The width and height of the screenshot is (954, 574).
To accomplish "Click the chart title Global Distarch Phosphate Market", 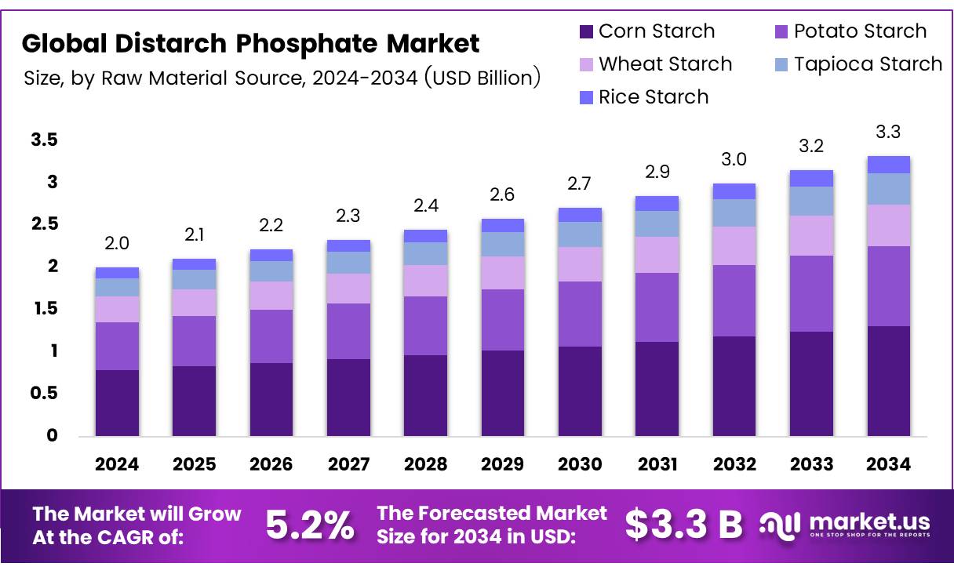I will (250, 43).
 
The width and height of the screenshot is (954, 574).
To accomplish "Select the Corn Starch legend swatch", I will (586, 32).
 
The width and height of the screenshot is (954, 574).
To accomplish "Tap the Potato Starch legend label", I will (860, 31).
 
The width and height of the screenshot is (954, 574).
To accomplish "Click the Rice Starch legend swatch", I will (586, 98).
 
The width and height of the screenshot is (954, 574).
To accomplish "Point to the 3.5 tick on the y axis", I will (44, 140).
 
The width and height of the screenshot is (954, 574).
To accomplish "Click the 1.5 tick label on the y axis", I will (44, 309).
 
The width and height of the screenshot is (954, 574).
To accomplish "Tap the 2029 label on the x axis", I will (503, 464).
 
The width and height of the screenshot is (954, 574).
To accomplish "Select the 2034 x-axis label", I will (889, 464).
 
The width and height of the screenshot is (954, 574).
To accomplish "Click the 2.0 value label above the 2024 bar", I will (117, 244).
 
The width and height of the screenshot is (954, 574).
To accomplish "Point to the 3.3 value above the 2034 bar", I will (888, 132).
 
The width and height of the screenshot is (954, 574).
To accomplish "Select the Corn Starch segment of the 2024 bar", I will (117, 402).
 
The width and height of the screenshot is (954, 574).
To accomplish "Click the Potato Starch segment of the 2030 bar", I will (580, 314).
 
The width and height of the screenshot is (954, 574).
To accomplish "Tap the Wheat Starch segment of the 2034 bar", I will (888, 225).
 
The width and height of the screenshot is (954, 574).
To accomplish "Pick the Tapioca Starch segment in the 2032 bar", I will (734, 213).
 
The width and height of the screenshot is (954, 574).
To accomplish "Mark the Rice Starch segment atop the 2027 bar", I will (348, 245).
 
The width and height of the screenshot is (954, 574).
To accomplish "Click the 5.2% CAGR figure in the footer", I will (309, 525).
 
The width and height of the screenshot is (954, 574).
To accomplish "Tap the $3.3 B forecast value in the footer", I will (683, 525).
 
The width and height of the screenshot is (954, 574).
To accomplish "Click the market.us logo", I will (845, 525).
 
